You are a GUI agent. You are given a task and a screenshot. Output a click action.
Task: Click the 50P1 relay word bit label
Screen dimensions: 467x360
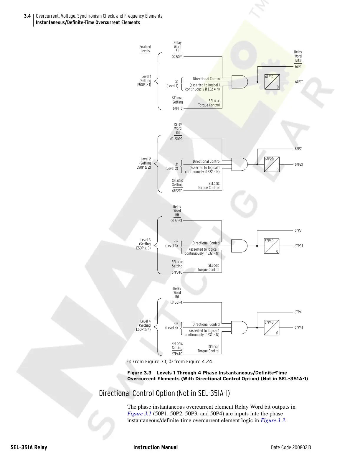179,57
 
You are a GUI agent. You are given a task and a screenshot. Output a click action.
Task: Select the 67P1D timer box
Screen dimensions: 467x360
272,82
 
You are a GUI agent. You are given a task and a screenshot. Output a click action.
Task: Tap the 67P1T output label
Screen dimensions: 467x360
299,82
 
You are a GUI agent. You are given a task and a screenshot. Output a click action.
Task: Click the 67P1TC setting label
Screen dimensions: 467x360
178,108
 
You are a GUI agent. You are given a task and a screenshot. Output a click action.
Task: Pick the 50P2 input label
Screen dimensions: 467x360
179,139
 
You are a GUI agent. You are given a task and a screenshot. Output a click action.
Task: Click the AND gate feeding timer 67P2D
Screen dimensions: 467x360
239,164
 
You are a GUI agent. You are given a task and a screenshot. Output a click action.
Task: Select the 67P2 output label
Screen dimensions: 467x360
298,149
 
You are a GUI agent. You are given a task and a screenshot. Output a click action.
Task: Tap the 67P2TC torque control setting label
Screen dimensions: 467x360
177,191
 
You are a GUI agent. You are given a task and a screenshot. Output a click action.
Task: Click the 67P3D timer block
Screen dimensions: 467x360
272,246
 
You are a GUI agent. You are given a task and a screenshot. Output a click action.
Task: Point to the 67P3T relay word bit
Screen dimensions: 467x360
299,246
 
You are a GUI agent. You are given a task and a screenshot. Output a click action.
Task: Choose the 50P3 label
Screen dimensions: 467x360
178,221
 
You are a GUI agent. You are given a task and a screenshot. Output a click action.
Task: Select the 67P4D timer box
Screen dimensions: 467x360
272,328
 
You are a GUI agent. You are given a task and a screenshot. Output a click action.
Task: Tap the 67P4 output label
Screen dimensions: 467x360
298,312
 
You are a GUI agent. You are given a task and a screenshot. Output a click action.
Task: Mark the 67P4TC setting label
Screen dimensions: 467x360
177,354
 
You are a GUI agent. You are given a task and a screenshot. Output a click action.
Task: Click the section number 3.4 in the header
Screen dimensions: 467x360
27,16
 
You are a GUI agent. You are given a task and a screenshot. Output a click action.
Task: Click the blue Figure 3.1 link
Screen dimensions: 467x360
139,414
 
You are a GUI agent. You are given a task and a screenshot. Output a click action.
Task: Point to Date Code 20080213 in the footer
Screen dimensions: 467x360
291,448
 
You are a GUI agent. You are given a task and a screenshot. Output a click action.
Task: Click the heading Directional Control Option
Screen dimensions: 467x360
164,393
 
